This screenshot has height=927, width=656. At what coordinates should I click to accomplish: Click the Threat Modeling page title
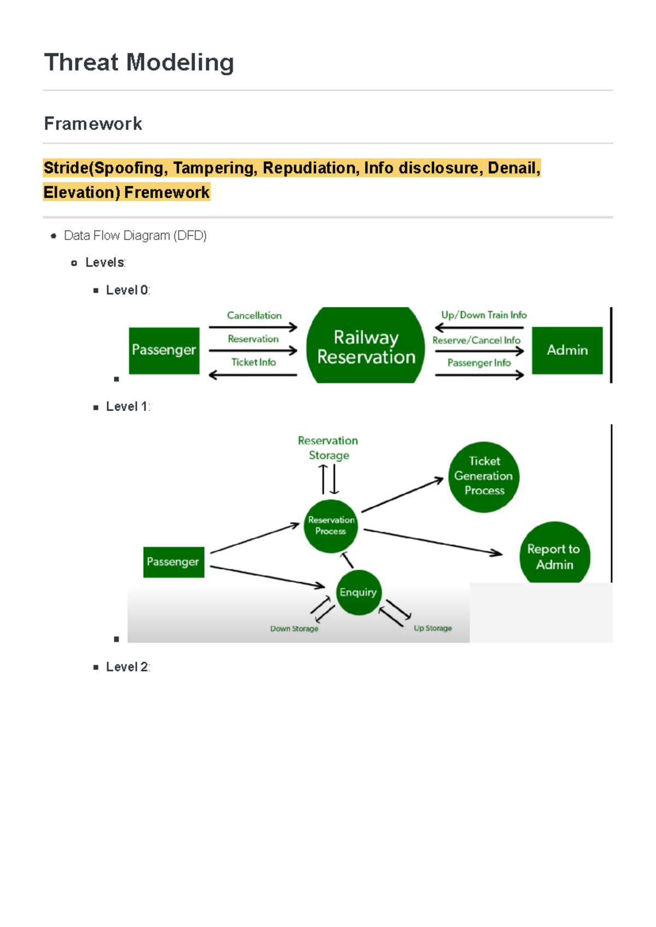pyautogui.click(x=139, y=62)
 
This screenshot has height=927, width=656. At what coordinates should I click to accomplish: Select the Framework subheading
pyautogui.click(x=93, y=123)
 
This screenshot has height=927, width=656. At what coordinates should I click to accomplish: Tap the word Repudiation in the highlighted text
pyautogui.click(x=311, y=168)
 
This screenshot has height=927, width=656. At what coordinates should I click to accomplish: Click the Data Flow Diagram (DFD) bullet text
pyautogui.click(x=135, y=235)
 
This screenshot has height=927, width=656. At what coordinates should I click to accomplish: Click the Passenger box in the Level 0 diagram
pyautogui.click(x=164, y=350)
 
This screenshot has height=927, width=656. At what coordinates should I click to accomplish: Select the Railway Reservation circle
pyautogui.click(x=366, y=347)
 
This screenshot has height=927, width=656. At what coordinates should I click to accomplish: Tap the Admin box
pyautogui.click(x=567, y=350)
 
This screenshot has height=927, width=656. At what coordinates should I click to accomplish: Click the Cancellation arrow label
pyautogui.click(x=254, y=315)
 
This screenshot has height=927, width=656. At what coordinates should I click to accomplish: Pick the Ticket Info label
pyautogui.click(x=253, y=362)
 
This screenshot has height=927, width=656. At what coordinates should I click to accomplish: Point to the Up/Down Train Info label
pyautogui.click(x=484, y=315)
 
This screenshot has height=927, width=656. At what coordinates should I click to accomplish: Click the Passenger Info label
pyautogui.click(x=479, y=363)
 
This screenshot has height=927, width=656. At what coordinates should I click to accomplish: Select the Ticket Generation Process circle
pyautogui.click(x=484, y=476)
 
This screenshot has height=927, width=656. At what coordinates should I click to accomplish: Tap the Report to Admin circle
pyautogui.click(x=554, y=556)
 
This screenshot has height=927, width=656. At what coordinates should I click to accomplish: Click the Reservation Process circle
pyautogui.click(x=331, y=526)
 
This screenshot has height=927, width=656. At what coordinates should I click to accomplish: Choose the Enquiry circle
pyautogui.click(x=358, y=592)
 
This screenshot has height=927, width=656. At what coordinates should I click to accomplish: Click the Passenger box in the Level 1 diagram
pyautogui.click(x=173, y=562)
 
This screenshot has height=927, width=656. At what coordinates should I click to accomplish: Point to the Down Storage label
pyautogui.click(x=294, y=629)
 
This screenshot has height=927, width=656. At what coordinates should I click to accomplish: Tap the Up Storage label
pyautogui.click(x=432, y=628)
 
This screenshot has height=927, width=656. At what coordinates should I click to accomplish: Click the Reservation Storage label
pyautogui.click(x=328, y=448)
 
